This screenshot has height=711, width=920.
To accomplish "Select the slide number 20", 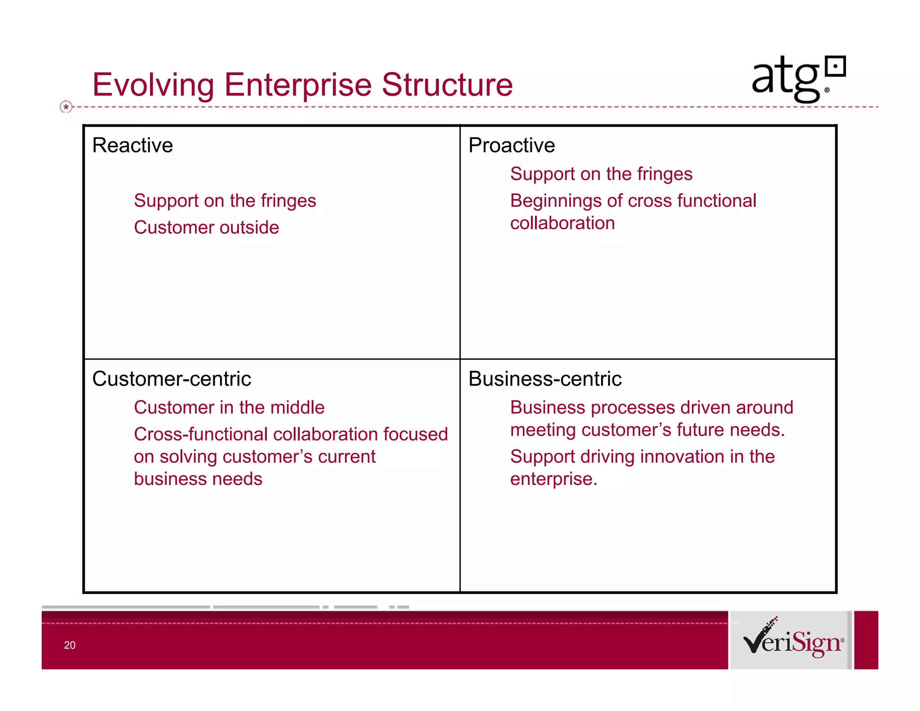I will pyautogui.click(x=70, y=645).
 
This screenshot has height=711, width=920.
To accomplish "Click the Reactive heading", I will pyautogui.click(x=133, y=145).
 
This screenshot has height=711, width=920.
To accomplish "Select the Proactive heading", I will pyautogui.click(x=512, y=145).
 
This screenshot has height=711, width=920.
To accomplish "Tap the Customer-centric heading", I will pyautogui.click(x=171, y=379).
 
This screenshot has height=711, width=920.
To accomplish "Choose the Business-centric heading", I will pyautogui.click(x=545, y=379).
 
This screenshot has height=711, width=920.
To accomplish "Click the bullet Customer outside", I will pyautogui.click(x=206, y=227).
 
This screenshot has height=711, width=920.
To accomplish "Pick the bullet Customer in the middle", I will pyautogui.click(x=229, y=407).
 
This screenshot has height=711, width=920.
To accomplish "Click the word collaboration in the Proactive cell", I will pyautogui.click(x=562, y=223).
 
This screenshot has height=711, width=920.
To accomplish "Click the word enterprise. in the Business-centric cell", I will pyautogui.click(x=553, y=479).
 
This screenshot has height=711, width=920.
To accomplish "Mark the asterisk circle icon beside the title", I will pyautogui.click(x=66, y=107).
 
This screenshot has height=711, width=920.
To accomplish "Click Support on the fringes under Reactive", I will pyautogui.click(x=225, y=200).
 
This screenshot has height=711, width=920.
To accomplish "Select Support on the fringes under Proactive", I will pyautogui.click(x=601, y=174).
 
